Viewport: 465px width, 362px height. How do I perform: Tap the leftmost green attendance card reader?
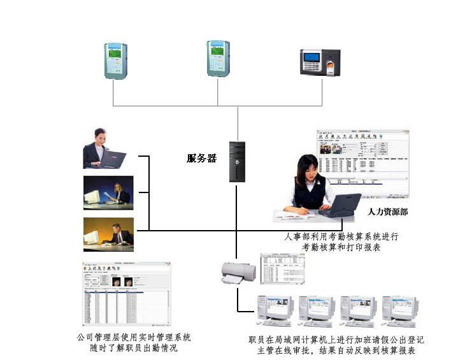[116, 61]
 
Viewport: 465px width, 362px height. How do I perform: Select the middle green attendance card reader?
[217, 59]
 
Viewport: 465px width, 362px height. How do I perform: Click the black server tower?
[238, 163]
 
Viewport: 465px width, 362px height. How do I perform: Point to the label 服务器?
[202, 159]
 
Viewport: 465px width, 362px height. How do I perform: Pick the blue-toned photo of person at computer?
[108, 193]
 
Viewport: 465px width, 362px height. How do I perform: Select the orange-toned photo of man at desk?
[108, 235]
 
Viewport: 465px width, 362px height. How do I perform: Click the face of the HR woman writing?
[308, 171]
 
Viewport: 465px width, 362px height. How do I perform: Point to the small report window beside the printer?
[282, 268]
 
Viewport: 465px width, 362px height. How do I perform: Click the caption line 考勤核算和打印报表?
[341, 247]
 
